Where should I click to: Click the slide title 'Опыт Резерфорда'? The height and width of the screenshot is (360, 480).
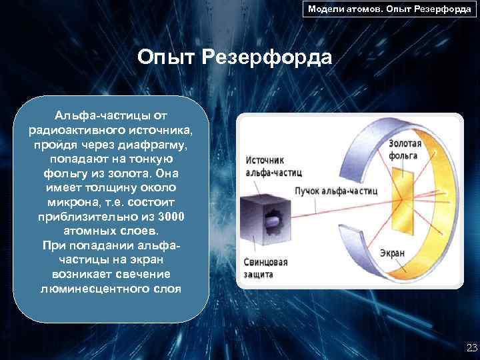pos(235,57)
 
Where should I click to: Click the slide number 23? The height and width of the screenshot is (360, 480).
pos(470,347)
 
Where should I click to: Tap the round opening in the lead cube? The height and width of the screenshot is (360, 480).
pos(274,219)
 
